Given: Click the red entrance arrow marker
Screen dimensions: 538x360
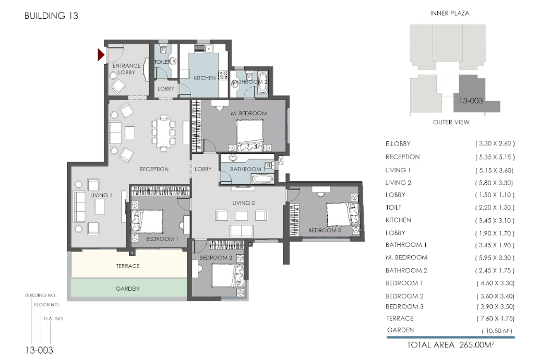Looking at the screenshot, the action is [101, 55].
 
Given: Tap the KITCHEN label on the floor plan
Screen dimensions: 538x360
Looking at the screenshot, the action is [205, 78].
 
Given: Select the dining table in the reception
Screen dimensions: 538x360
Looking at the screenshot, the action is [164, 132].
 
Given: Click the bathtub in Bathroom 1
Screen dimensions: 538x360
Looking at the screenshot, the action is [262, 179].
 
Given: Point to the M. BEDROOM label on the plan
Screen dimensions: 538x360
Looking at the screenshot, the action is [249, 113].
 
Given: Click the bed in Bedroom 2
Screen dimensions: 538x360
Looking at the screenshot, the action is [228, 275].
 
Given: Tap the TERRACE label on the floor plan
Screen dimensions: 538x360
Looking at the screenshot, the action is [128, 266].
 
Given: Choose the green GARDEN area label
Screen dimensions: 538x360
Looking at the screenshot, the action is [127, 289].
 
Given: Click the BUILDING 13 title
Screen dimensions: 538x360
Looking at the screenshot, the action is [52, 16].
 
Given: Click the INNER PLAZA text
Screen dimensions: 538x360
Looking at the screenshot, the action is [450, 13].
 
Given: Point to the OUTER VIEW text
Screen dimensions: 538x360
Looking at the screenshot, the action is [451, 122].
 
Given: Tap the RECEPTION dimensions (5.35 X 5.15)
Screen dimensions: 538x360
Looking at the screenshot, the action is [495, 157].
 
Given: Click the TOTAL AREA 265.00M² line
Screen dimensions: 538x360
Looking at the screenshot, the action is [450, 344].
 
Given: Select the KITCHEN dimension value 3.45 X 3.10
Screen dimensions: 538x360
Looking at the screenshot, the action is [495, 221].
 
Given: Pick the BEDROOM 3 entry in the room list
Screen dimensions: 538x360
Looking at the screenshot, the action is [404, 307].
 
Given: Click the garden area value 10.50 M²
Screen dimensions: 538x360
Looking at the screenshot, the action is [497, 331].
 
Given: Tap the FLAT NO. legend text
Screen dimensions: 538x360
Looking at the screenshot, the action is [54, 318].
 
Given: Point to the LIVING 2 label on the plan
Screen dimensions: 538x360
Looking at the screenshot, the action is [244, 203].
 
